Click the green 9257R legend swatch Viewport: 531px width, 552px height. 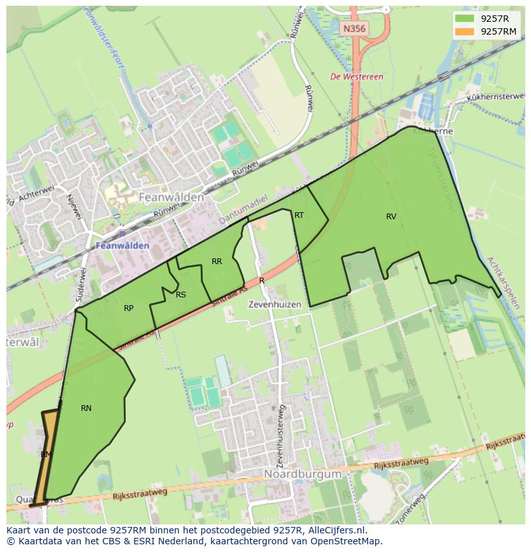(x=465, y=18)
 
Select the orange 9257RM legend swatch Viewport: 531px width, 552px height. (x=465, y=31)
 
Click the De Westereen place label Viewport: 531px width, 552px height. (x=357, y=76)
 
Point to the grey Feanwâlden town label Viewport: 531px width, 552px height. (x=171, y=197)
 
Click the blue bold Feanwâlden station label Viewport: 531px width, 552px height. (x=122, y=246)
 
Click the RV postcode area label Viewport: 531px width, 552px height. (x=391, y=217)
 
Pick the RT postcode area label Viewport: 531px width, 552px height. (x=299, y=215)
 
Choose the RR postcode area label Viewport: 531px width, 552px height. (x=217, y=261)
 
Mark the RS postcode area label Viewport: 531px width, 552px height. (x=181, y=295)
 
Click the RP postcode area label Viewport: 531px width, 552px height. (x=128, y=308)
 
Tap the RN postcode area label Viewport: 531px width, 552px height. (x=86, y=408)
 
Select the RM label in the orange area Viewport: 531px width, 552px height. (x=46, y=454)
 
